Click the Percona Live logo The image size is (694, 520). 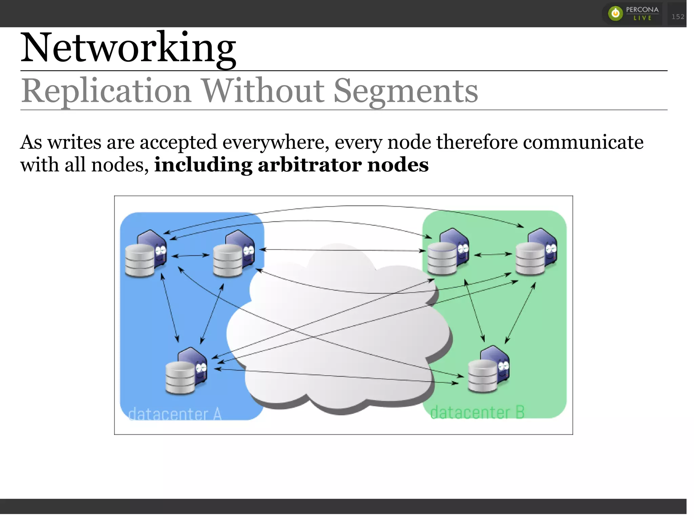(632, 14)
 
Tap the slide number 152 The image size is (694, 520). (678, 17)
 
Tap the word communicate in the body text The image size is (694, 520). (583, 142)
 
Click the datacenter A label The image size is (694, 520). (175, 414)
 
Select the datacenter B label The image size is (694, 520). (477, 412)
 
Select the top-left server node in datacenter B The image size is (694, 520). (448, 252)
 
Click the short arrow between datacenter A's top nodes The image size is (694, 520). (190, 256)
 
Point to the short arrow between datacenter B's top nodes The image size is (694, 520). (493, 254)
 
